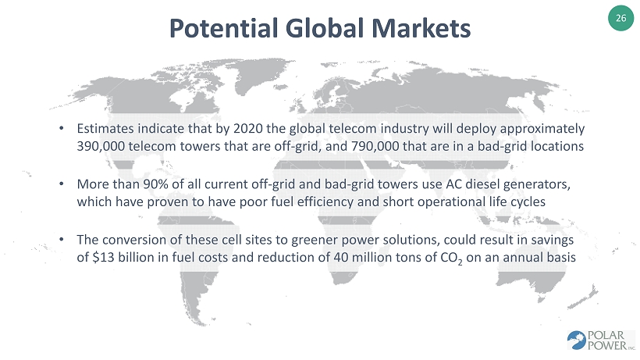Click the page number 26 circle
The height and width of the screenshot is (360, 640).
(620, 18)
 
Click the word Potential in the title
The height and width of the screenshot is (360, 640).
(224, 28)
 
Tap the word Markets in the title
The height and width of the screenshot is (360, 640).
(421, 28)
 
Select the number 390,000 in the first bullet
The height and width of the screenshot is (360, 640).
(101, 146)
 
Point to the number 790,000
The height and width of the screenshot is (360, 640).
(375, 146)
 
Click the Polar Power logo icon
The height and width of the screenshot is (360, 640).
(576, 340)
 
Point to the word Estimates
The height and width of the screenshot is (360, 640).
(105, 129)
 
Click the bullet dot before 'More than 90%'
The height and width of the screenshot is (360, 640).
(62, 184)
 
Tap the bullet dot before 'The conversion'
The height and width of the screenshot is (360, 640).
(62, 239)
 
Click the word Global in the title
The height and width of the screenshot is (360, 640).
(325, 28)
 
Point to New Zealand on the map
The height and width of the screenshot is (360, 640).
(584, 298)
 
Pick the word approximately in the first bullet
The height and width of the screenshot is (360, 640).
(542, 129)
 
